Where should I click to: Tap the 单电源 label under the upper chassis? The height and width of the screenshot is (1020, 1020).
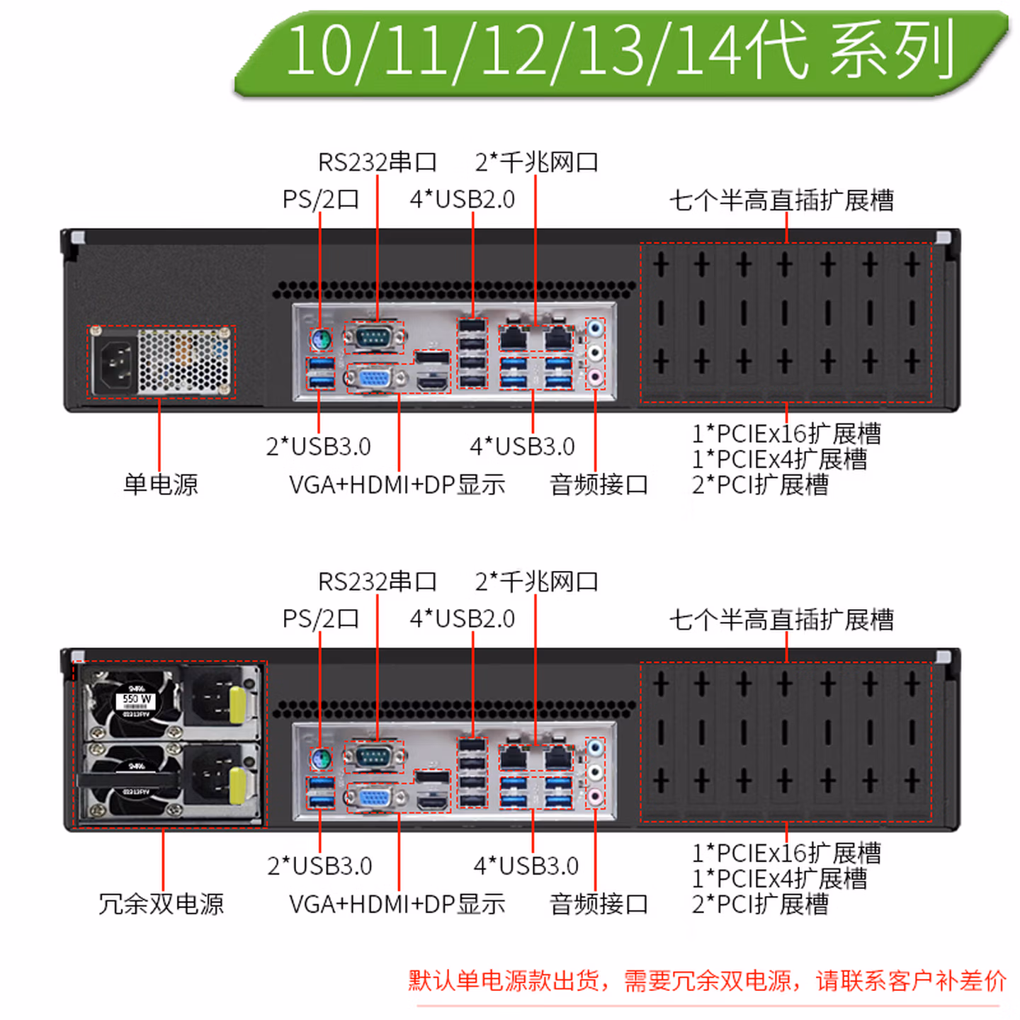161,484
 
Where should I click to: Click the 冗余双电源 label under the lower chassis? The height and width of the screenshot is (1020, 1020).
161,904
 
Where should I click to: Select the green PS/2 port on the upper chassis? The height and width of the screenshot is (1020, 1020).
321,339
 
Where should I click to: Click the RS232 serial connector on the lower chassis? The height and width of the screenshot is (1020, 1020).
373,757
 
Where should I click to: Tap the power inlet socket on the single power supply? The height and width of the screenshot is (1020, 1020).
115,363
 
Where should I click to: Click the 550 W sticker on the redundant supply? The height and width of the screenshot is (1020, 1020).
136,699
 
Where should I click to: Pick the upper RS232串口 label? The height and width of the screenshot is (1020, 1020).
377,162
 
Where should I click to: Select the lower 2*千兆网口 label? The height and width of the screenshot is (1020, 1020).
536,582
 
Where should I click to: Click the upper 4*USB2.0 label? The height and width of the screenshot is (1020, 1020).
462,200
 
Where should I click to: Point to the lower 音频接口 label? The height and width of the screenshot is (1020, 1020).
599,904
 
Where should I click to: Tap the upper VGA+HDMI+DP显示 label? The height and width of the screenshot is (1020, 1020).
397,484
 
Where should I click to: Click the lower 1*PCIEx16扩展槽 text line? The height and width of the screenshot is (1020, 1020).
786,853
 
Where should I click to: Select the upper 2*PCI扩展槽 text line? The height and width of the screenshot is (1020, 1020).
760,485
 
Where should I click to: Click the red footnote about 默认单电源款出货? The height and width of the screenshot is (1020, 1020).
706,981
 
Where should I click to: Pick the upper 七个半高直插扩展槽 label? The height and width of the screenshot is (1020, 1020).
781,200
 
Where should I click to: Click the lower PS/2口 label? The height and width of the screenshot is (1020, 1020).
320,619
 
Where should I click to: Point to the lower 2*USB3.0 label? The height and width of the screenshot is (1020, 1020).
319,866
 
